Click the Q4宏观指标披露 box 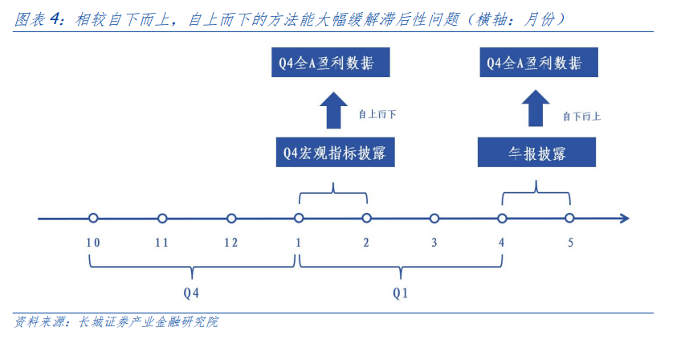[336, 152]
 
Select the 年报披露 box [536, 152]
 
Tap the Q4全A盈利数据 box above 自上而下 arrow [330, 63]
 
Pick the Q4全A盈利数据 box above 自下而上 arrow [539, 63]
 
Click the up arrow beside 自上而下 [333, 110]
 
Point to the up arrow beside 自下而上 [535, 108]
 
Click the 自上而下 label [377, 115]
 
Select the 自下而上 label [581, 117]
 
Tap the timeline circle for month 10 [92, 218]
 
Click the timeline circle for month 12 [231, 218]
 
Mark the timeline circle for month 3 [434, 218]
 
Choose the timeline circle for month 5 [569, 218]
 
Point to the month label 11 [161, 243]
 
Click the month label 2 [366, 243]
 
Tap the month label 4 [501, 243]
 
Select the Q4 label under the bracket [191, 292]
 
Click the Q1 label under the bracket [400, 292]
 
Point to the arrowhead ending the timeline [628, 218]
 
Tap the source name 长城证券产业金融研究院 [148, 321]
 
